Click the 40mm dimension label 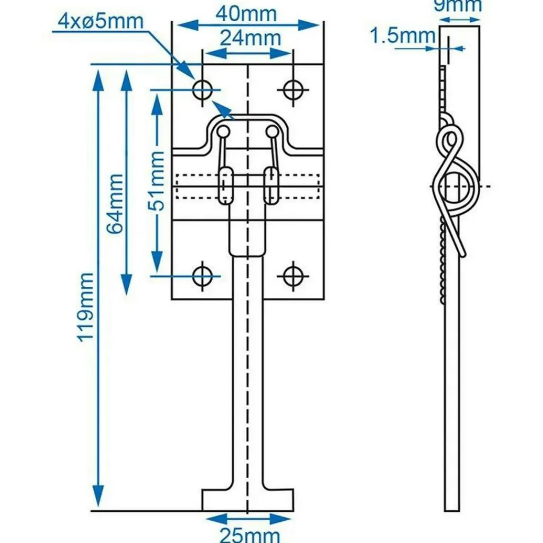[x=246, y=13]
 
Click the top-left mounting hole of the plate [x=202, y=90]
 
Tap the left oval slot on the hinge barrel [x=226, y=185]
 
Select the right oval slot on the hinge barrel [x=271, y=185]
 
